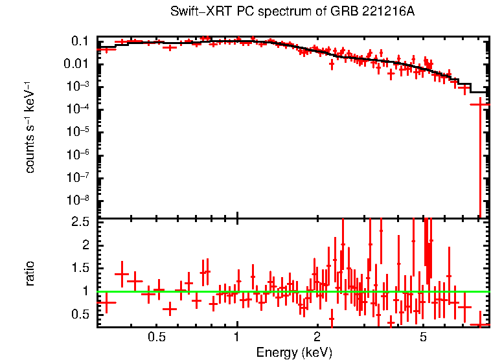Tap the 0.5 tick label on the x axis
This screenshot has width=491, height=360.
coord(157,337)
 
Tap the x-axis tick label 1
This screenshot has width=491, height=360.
coord(237,337)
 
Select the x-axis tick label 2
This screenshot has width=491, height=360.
coord(317,337)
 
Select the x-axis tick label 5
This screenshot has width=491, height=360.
coord(423,337)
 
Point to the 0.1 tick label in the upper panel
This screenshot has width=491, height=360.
coord(80,41)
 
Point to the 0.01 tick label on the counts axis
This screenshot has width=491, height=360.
coord(77,64)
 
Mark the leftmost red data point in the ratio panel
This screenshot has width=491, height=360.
coord(106,302)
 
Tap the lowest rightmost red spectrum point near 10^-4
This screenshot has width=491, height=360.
coord(479,104)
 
